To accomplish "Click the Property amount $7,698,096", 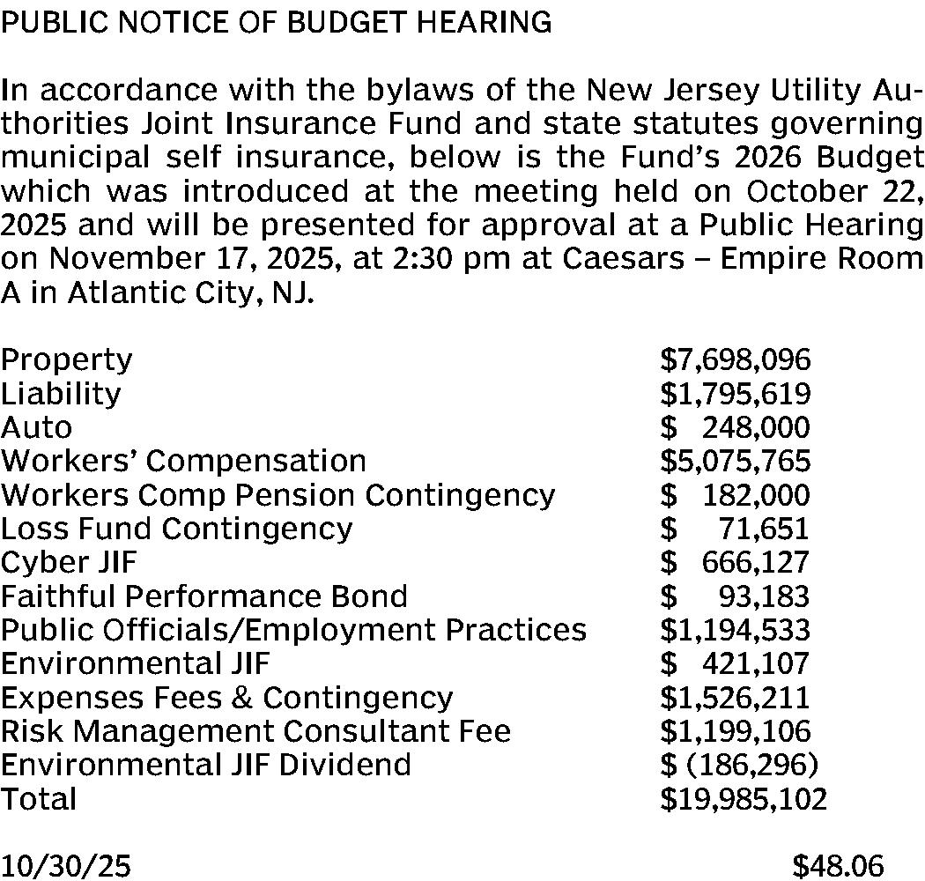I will (x=736, y=359).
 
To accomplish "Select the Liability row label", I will (x=61, y=393).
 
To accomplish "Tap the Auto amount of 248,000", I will (x=755, y=427).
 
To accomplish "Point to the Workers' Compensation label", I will (x=183, y=461).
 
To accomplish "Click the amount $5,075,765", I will (x=736, y=461).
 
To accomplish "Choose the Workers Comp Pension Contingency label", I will (x=277, y=495).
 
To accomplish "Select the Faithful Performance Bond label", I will (x=203, y=596).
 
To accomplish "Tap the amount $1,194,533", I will (x=736, y=630).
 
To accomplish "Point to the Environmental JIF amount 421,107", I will (x=755, y=663).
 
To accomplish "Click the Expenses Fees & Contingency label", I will (x=226, y=698).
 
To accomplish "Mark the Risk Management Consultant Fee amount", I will (x=736, y=731).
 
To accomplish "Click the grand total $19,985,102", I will (x=744, y=799).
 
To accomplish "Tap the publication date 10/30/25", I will (x=66, y=866).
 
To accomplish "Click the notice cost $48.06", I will (x=838, y=866).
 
